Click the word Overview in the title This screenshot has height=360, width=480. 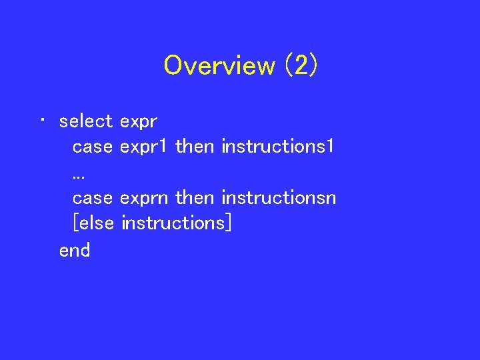(219, 65)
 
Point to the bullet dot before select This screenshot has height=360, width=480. (42, 121)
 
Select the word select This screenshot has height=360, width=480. (86, 121)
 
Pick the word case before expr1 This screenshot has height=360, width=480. (92, 147)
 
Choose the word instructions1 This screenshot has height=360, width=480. (277, 146)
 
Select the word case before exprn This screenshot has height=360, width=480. (92, 198)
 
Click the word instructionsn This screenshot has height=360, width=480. (279, 197)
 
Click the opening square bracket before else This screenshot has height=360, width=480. (75, 223)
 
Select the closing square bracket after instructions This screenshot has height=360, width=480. (229, 223)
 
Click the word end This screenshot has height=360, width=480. (75, 250)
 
